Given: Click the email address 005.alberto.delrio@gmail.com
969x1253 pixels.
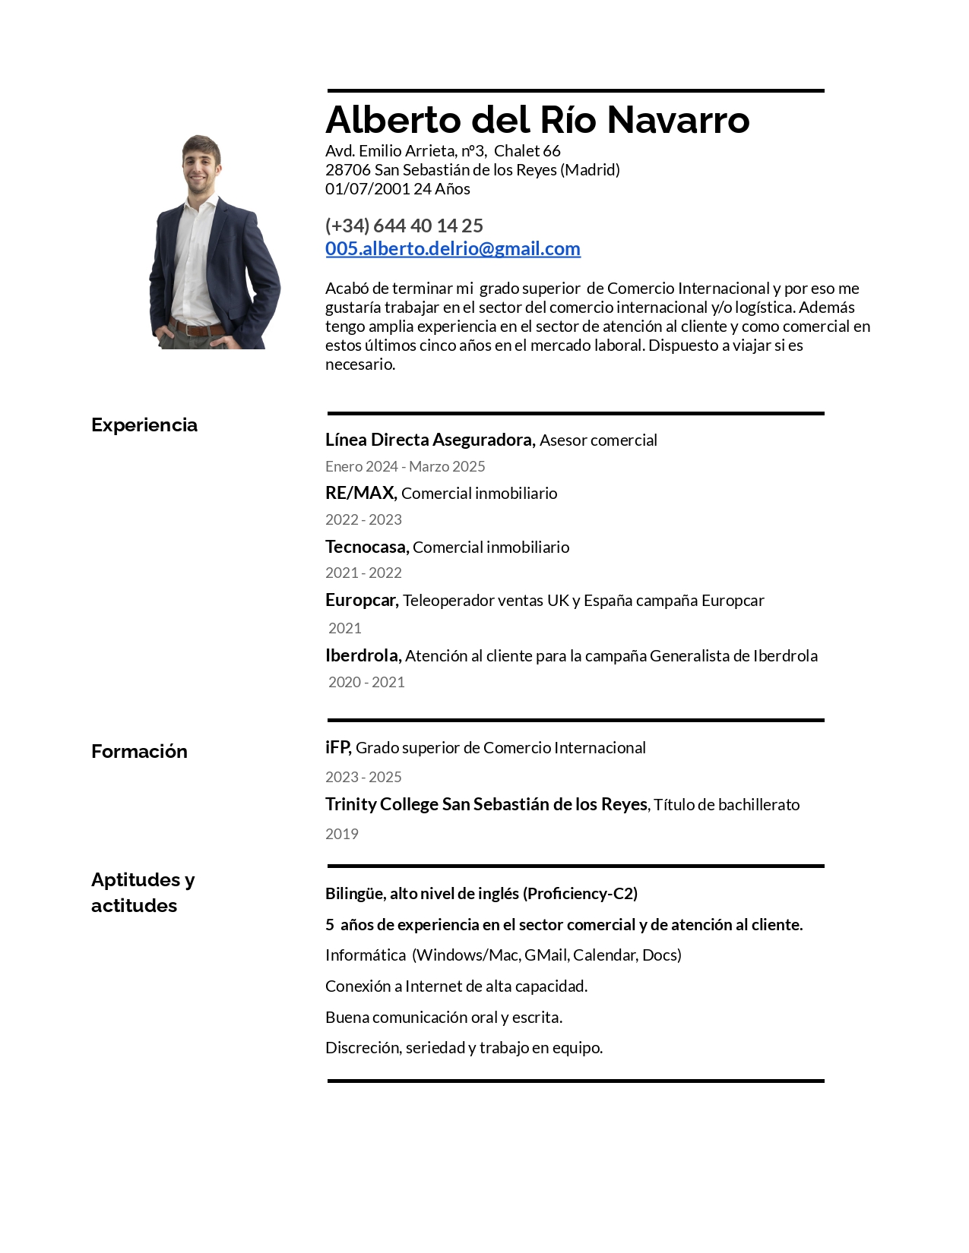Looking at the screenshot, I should [452, 248].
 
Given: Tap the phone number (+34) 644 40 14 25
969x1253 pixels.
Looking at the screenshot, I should [404, 226].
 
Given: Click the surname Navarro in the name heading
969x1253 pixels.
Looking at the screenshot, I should [678, 120].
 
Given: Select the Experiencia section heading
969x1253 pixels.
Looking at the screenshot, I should [144, 425].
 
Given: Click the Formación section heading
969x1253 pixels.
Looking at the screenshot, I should [139, 751].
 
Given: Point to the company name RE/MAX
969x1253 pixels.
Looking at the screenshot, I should [360, 493].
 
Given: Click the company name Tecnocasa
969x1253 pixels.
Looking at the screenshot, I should [366, 547].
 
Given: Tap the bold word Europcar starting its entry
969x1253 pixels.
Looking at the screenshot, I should [361, 600].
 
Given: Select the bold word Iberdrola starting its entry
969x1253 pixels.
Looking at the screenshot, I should [363, 655].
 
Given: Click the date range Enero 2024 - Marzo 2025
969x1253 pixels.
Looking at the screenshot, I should [405, 466].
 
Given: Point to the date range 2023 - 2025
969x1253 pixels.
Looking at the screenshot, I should [363, 777].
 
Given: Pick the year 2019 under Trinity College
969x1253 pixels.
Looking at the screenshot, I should [342, 834].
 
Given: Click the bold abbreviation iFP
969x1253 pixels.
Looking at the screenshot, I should [337, 747].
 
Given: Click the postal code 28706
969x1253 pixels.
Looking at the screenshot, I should [347, 169].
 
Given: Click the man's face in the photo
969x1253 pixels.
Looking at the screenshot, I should [201, 163].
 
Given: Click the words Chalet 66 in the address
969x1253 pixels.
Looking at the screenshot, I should [527, 150].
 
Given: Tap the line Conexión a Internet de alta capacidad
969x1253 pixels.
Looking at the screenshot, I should [456, 986].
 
